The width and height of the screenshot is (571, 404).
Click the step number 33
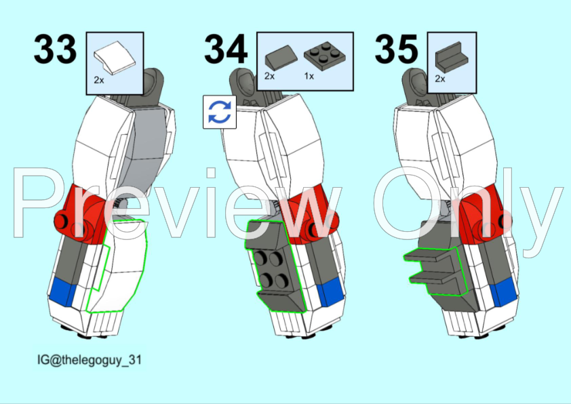(x=55, y=49)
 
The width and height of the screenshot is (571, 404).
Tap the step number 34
(x=226, y=49)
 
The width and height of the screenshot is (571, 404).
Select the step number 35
(x=396, y=49)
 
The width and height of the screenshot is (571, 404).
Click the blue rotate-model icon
(x=220, y=112)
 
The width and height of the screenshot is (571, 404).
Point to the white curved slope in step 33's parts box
(x=115, y=58)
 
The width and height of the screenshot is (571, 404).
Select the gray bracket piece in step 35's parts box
(x=452, y=57)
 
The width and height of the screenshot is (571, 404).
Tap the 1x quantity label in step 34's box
(x=309, y=76)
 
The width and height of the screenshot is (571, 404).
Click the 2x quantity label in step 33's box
(x=99, y=80)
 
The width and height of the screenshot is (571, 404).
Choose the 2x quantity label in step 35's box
(x=440, y=79)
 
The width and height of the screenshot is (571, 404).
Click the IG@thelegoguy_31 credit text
(x=90, y=359)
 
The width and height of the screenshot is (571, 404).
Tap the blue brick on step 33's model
(x=62, y=291)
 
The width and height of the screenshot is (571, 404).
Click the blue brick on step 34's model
(x=330, y=293)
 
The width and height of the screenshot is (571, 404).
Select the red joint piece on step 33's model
(x=82, y=215)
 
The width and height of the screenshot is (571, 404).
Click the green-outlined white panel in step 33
(x=117, y=265)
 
